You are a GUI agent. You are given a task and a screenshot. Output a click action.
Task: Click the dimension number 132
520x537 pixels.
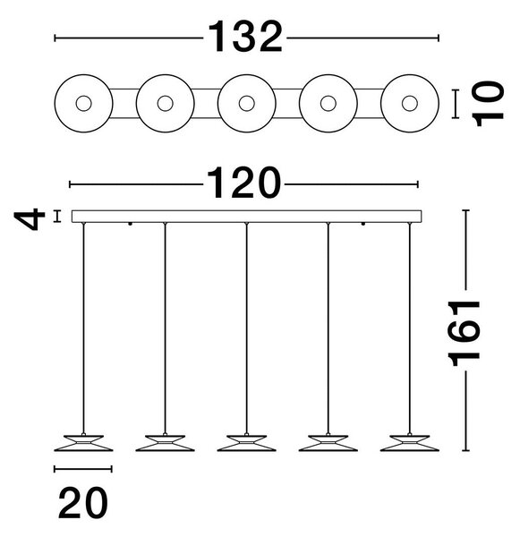pos(245,37)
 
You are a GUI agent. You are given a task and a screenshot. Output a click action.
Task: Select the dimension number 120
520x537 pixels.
pos(243,183)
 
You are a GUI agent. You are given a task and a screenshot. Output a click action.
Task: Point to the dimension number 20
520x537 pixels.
pos(83,503)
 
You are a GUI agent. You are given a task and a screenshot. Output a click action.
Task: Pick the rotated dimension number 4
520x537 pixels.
pos(30,219)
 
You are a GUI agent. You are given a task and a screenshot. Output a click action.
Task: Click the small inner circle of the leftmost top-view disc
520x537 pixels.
pos(83,104)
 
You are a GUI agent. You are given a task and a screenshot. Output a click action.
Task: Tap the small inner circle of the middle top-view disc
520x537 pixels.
pos(247,104)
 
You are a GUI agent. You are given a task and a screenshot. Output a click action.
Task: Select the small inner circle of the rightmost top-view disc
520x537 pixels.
pos(410,104)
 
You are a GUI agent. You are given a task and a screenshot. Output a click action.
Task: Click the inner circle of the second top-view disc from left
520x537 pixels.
pos(165,104)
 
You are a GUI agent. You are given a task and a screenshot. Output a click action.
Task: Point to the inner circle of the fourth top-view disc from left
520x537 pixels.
pos(328,104)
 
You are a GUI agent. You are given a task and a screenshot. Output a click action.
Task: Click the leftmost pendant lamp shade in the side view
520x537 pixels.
pos(83,443)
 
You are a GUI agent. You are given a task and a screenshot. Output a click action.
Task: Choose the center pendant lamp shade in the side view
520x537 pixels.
pos(247,443)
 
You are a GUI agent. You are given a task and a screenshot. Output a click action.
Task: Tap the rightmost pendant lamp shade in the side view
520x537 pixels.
pos(410,443)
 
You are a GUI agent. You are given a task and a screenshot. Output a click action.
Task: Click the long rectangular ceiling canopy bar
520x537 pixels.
pos(247,217)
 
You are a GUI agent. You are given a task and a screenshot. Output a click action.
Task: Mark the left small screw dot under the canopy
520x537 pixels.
pos(130,224)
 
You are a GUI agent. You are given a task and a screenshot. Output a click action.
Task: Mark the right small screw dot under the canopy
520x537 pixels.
pos(363,224)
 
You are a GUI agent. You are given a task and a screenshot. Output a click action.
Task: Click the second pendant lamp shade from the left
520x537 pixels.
pos(165,443)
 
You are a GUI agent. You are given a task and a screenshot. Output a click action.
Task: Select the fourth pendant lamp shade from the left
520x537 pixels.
pos(328,443)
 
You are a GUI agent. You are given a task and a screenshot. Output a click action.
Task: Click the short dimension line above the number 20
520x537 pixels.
pos(83,469)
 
